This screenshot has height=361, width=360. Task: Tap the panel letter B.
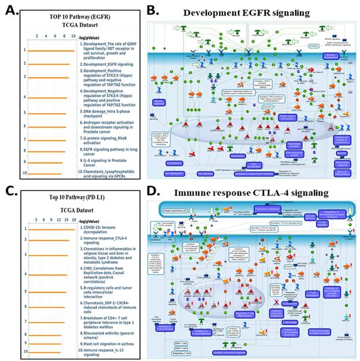click(x=152, y=10)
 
